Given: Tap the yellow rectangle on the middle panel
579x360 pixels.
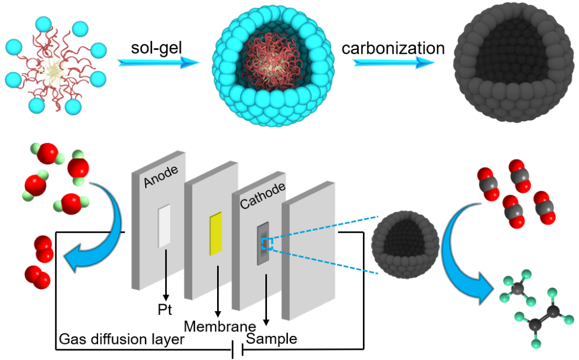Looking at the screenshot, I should (x=216, y=233).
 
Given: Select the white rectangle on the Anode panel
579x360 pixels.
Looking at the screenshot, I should (x=164, y=226).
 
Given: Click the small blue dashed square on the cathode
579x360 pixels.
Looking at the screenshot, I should (x=267, y=245).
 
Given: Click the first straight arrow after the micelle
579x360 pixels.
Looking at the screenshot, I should (x=159, y=62).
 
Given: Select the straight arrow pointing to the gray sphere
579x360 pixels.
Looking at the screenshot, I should (x=394, y=63).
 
